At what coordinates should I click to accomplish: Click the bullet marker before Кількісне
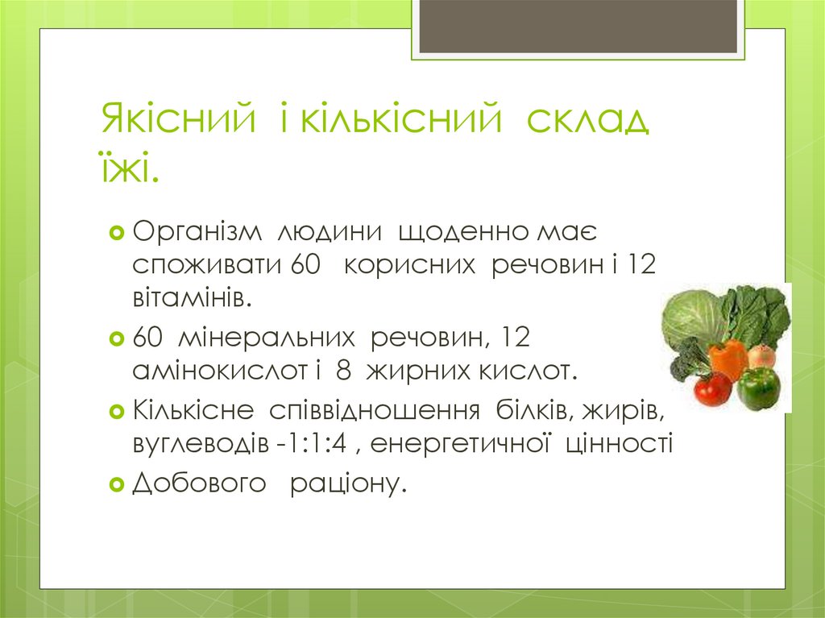pos(116,411)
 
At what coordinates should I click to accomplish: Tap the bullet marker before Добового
pos(116,484)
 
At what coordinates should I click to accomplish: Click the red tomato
pos(712,388)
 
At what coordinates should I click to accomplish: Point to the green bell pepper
pos(758,388)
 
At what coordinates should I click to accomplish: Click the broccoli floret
pos(686,360)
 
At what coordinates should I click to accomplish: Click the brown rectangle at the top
pos(578,26)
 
